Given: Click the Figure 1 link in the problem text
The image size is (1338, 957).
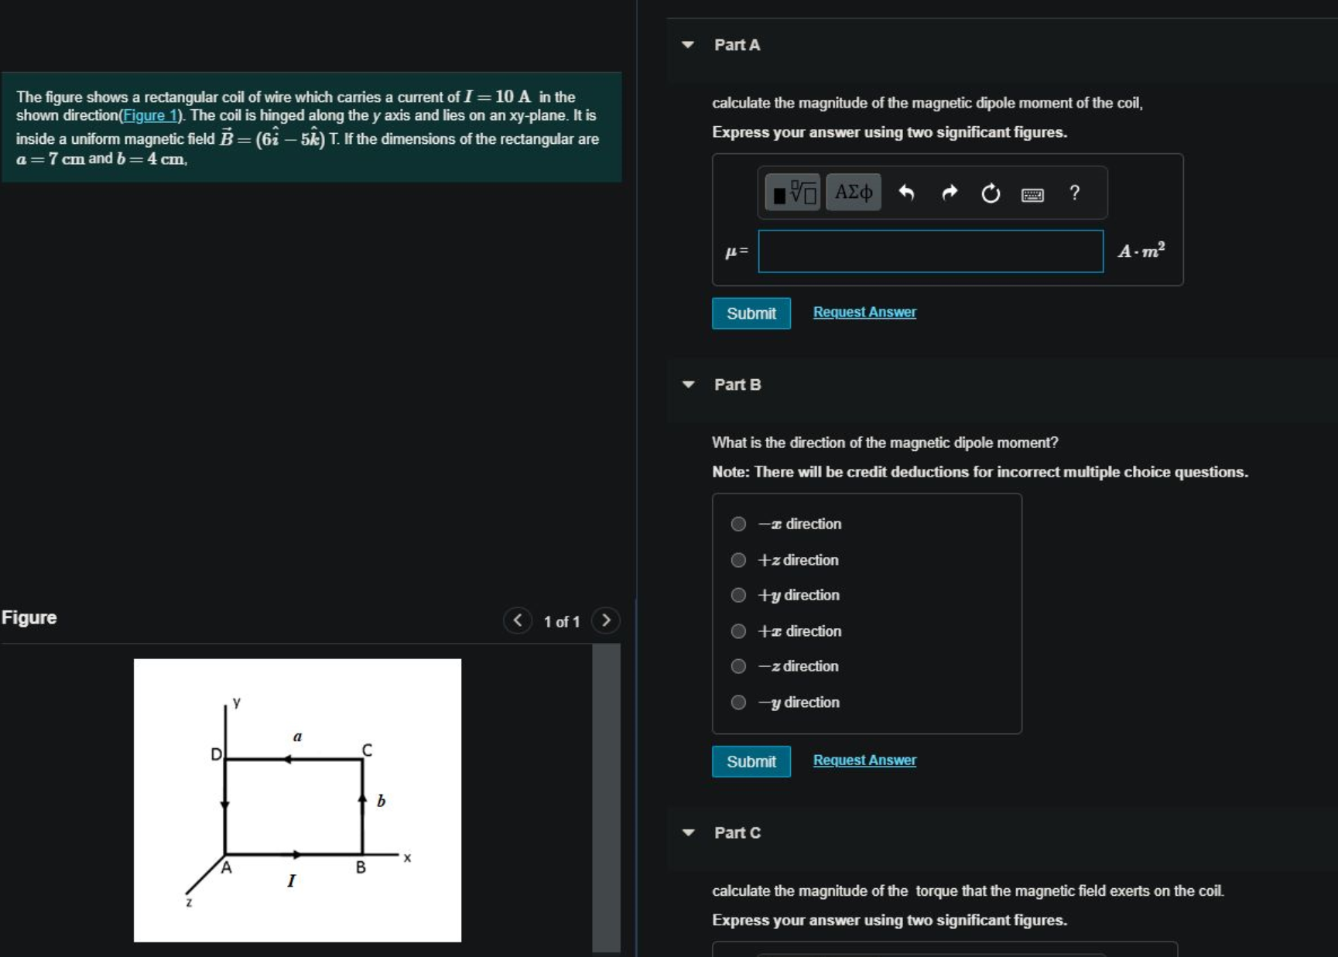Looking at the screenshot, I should tap(149, 116).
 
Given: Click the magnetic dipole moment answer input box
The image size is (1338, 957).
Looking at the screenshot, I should tap(930, 251).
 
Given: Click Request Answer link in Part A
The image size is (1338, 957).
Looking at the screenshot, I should tap(864, 313).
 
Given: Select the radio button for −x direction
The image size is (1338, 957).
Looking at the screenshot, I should tap(739, 525).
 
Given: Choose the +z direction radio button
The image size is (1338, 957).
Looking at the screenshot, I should tap(739, 560).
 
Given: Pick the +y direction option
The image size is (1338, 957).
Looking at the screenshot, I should tap(739, 596).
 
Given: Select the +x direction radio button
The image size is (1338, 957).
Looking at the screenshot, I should tap(739, 631).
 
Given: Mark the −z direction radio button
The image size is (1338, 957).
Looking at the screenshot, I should tap(739, 667).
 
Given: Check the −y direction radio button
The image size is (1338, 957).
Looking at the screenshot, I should tap(739, 702).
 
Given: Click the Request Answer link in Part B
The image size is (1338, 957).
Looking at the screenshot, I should tap(864, 760).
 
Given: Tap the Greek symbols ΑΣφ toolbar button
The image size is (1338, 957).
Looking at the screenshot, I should tap(854, 193).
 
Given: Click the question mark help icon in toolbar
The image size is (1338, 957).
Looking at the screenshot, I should tap(1074, 193).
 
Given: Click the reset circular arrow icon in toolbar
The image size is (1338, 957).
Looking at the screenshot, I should tap(991, 193).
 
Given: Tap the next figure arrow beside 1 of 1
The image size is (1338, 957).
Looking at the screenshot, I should tap(606, 620).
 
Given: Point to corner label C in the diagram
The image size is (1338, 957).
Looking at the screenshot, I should tap(367, 750).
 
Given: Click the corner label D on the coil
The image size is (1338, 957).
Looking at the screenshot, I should tap(216, 754).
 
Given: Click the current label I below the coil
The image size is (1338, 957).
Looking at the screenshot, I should tap(291, 880).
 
